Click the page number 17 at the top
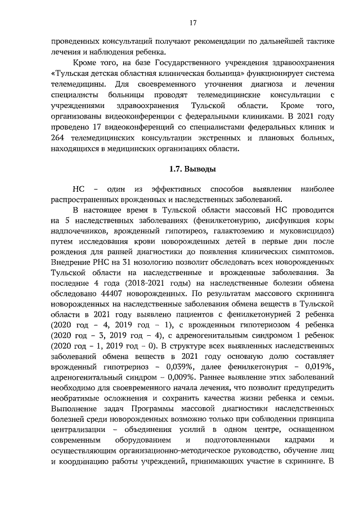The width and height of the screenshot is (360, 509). click(x=192, y=23)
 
